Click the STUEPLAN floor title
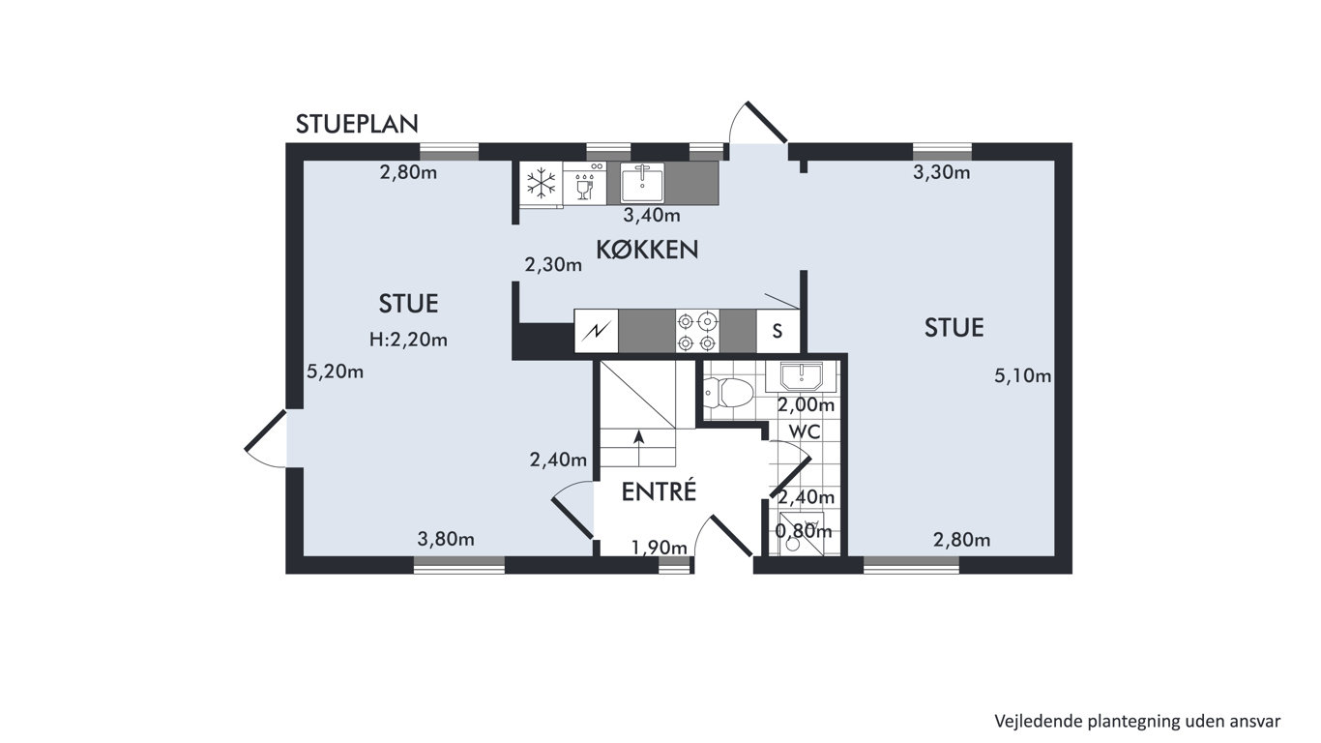coord(357,124)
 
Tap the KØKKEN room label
coord(647,251)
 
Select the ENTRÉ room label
coord(659,491)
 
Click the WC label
coord(805,431)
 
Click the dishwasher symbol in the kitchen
coord(584,185)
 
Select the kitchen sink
coord(641,183)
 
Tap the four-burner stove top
coord(697,332)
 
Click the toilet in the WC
coord(729,393)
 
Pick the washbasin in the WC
coord(802,376)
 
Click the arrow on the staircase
coord(638,449)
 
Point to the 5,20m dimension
coord(335,371)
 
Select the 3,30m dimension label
coord(941,172)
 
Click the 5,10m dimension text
coord(1022,376)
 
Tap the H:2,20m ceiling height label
coord(408,340)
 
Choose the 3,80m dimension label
coord(446,540)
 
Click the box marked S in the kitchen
coord(778,331)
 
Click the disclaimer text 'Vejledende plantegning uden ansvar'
coord(1137,721)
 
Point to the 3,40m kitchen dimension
coord(652,216)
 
